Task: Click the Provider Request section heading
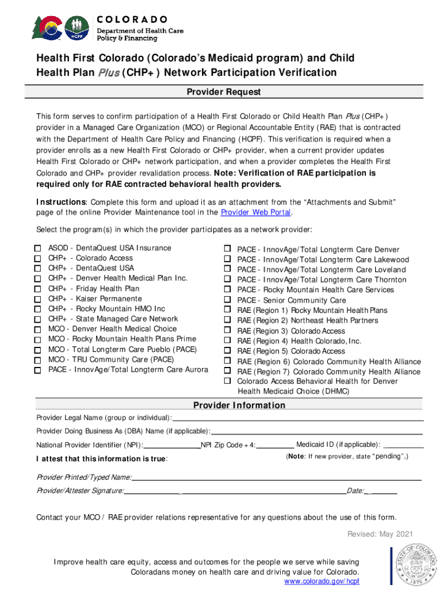click(x=224, y=92)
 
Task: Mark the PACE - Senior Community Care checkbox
click(x=227, y=300)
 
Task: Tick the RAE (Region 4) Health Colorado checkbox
click(x=227, y=341)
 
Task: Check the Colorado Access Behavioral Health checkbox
click(x=227, y=381)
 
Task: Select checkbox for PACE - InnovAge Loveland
click(x=227, y=270)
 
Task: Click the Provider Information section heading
click(x=239, y=406)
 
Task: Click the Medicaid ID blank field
click(x=403, y=445)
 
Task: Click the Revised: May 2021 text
click(x=380, y=534)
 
